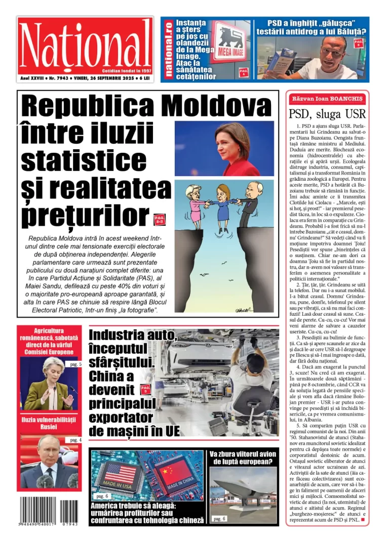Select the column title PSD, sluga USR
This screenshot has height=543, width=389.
pos(327,113)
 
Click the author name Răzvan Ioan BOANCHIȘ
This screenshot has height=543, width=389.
pos(327,99)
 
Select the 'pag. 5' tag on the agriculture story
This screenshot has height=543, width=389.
pos(75,364)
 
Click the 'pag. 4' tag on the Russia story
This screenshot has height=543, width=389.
pos(75,440)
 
